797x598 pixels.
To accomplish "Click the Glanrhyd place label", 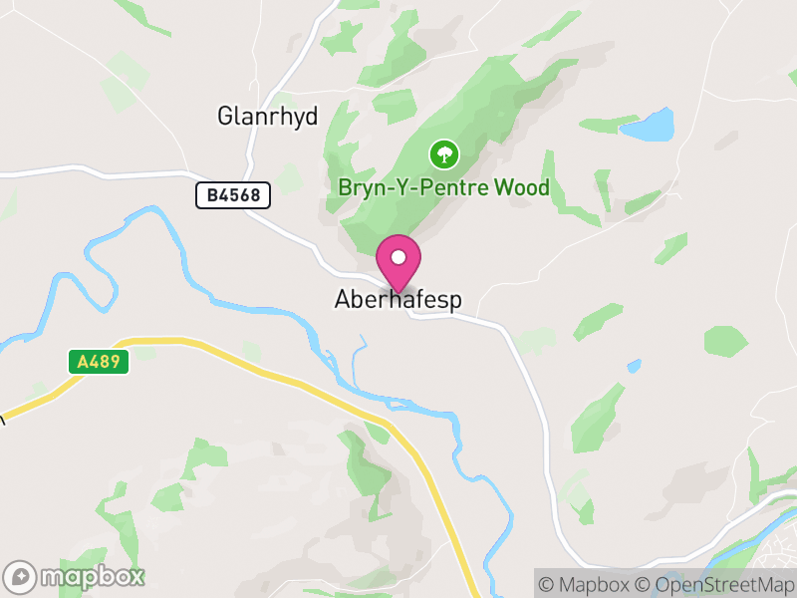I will point(268,117).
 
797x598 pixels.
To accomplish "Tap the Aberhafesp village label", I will point(398,300).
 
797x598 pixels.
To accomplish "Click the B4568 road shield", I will point(233,195).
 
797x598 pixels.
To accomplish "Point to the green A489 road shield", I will point(101,362).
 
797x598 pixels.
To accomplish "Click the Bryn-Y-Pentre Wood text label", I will point(444,187).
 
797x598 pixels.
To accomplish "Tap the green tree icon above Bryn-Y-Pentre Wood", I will point(442,153).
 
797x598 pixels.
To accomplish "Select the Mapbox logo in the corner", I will point(75,576).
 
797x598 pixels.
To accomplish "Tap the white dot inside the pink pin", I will point(398,257).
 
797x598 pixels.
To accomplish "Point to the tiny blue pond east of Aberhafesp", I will point(634,367).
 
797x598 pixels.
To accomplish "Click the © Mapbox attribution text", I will point(589,584).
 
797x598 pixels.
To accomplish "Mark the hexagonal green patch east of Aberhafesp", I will point(725,340).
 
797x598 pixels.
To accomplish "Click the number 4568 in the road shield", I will point(242,195).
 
